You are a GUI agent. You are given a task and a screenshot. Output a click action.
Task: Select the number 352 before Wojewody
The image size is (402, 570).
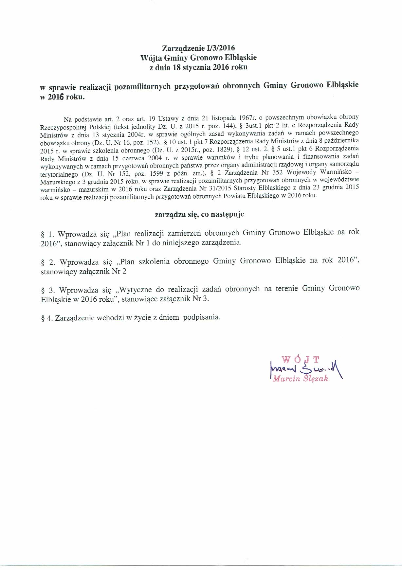(x=278, y=172)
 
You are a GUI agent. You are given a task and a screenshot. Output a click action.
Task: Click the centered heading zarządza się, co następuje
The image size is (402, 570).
(x=199, y=214)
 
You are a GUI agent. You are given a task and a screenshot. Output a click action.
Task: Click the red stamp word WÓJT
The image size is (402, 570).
(x=300, y=360)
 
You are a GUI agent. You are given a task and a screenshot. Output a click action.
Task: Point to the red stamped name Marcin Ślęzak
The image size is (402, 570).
(x=300, y=379)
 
